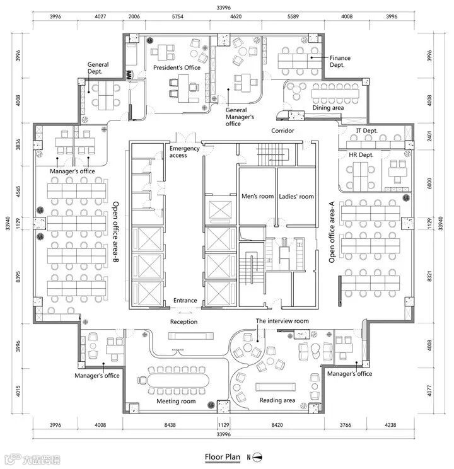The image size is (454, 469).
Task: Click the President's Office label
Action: pyautogui.click(x=177, y=68)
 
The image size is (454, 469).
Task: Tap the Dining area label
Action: pyautogui.click(x=328, y=108)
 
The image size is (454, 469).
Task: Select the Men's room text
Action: pyautogui.click(x=258, y=196)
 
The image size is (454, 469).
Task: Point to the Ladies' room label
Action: pyautogui.click(x=296, y=197)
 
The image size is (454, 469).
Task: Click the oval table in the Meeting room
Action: pyautogui.click(x=178, y=380)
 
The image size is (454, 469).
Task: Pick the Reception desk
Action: pyautogui.click(x=190, y=336)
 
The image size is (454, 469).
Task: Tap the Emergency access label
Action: pyautogui.click(x=184, y=152)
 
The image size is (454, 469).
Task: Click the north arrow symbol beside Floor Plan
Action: pyautogui.click(x=257, y=457)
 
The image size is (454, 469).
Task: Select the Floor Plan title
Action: pyautogui.click(x=223, y=457)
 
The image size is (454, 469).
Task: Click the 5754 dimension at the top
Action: pyautogui.click(x=177, y=16)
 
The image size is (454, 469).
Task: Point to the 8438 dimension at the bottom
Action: pyautogui.click(x=170, y=425)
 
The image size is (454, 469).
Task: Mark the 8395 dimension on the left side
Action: pyautogui.click(x=18, y=277)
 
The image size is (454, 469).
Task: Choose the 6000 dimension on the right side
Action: pyautogui.click(x=429, y=183)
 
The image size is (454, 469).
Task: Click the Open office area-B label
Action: pyautogui.click(x=115, y=231)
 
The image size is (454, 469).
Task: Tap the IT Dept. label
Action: pyautogui.click(x=366, y=130)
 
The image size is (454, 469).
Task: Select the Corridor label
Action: pyautogui.click(x=282, y=130)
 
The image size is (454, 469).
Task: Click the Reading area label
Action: pyautogui.click(x=277, y=400)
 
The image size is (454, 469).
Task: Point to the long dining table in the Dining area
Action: pyautogui.click(x=335, y=93)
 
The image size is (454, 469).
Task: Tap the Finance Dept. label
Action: pyautogui.click(x=340, y=61)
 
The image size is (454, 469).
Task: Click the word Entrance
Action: pyautogui.click(x=185, y=300)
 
